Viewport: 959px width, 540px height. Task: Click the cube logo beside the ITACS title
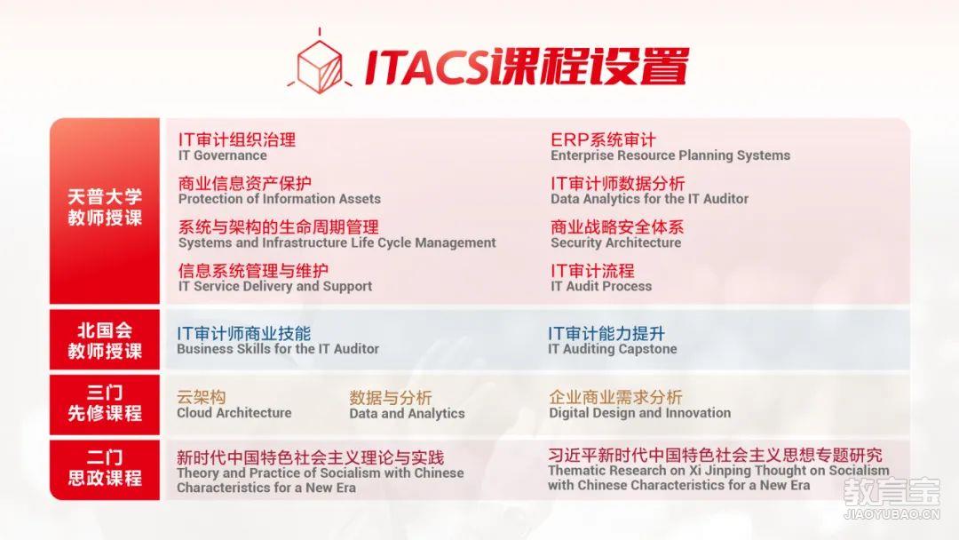(x=320, y=64)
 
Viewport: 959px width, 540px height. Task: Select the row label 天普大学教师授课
(x=105, y=207)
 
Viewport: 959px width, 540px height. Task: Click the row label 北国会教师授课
(x=105, y=341)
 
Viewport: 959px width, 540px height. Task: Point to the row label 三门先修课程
(x=105, y=403)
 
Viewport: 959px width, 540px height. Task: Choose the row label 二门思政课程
(x=105, y=468)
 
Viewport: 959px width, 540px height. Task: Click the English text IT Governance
(x=223, y=155)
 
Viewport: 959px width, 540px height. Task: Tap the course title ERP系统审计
(x=603, y=139)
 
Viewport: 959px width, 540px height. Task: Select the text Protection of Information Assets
(x=280, y=199)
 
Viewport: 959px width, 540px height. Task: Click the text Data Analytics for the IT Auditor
(x=649, y=199)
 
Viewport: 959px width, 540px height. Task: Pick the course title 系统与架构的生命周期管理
(x=278, y=226)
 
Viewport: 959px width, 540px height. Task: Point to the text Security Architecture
(x=616, y=242)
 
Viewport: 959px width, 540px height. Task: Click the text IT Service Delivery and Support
(x=275, y=286)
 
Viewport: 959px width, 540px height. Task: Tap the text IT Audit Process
(x=601, y=286)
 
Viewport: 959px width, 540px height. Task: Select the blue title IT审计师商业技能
(x=244, y=333)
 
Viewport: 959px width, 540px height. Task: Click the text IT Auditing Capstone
(x=612, y=349)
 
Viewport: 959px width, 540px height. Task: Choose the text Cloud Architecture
(x=234, y=413)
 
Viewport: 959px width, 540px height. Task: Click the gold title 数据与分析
(x=391, y=398)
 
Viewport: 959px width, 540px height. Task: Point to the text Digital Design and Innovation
(x=639, y=413)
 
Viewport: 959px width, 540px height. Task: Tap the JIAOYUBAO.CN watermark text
(x=892, y=514)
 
